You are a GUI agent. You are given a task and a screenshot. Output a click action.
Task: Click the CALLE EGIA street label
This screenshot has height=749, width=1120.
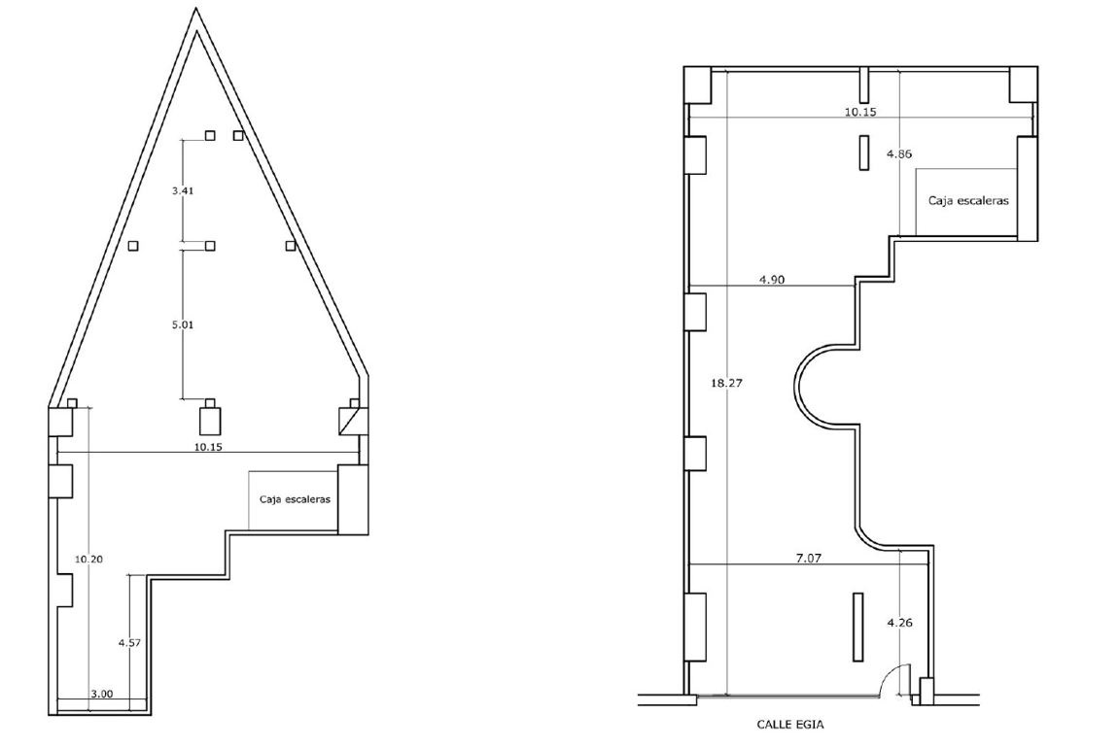pos(790,725)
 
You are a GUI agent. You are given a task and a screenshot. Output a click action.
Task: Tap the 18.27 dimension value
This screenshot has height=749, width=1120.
pos(726,384)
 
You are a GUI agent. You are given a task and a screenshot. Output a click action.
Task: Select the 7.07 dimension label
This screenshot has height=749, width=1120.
pos(808,559)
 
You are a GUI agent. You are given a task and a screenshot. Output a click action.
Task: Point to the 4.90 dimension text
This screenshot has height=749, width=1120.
pos(771,280)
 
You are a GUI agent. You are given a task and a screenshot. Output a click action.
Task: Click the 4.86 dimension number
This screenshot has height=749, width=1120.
pos(899,153)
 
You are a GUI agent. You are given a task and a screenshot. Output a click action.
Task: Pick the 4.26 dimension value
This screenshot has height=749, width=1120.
pos(899,623)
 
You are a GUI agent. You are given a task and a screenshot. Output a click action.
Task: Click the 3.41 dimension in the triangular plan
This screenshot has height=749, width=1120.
pos(183,190)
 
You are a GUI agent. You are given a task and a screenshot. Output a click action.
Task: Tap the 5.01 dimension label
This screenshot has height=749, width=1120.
pos(183,324)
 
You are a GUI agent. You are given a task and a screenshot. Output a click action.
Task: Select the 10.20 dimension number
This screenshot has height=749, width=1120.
pos(88,559)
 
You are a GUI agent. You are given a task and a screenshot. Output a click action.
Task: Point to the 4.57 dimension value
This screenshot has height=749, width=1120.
pos(129,642)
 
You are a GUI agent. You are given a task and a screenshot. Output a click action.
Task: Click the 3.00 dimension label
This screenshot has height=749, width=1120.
pos(101,694)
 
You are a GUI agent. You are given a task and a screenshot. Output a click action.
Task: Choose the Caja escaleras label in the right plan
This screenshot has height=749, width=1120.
pos(968,201)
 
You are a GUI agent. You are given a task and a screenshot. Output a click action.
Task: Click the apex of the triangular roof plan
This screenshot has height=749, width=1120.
pos(195,9)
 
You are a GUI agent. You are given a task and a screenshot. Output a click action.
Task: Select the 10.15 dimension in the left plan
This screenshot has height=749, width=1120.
pos(208,447)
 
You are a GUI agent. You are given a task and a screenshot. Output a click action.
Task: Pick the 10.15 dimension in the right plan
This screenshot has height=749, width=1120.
pos(860,112)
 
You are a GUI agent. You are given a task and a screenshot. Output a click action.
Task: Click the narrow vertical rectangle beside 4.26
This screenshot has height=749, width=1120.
pos(857,627)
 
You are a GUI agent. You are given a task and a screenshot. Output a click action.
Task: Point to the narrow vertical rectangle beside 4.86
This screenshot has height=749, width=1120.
pos(863,153)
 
